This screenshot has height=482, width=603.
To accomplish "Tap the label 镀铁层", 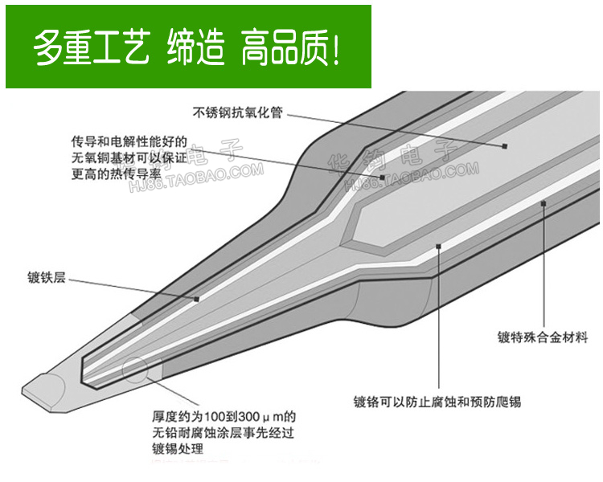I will click(x=46, y=279).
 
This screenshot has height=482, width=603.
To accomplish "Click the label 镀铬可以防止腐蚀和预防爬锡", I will click(x=437, y=401).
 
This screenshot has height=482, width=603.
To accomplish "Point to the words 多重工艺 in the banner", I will click(x=91, y=47).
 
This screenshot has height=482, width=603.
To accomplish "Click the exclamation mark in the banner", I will click(x=335, y=47).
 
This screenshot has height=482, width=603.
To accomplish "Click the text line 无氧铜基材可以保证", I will click(x=129, y=157).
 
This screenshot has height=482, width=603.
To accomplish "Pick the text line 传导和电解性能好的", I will click(x=129, y=141).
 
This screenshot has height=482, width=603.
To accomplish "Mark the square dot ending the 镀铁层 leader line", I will click(x=196, y=298).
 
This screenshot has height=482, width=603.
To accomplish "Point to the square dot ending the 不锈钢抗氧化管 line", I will click(x=505, y=145).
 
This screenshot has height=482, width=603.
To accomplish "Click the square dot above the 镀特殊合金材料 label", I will click(x=544, y=204).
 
